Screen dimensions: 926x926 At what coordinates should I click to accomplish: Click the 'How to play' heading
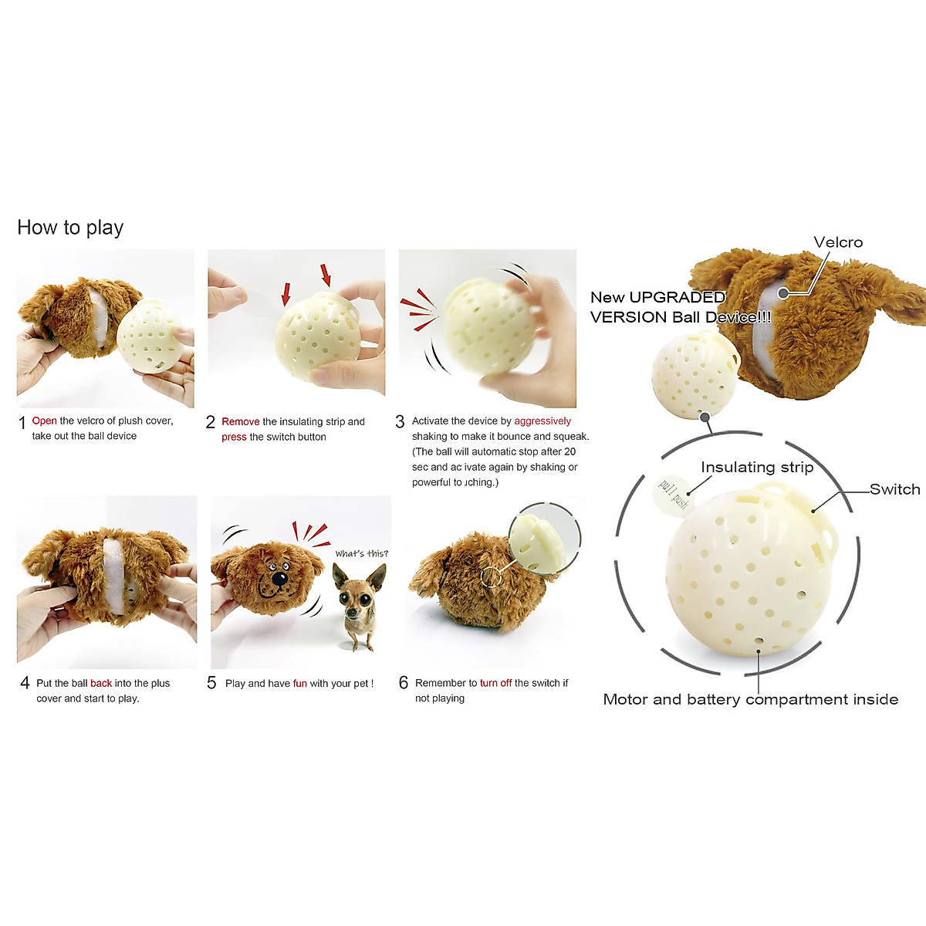[70, 228]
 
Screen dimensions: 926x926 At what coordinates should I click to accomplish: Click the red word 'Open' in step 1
[44, 421]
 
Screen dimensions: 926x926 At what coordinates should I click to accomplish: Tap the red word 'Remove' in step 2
[240, 421]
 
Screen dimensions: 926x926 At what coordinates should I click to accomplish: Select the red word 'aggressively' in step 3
[542, 421]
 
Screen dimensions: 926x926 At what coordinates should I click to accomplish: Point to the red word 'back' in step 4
[101, 683]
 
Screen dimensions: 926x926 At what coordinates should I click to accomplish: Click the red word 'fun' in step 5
[299, 683]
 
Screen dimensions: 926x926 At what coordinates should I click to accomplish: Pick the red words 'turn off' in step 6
[495, 683]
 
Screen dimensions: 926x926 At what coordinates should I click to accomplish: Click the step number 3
[400, 422]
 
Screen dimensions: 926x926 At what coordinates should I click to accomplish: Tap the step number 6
[403, 683]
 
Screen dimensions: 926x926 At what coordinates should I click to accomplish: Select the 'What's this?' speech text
[361, 553]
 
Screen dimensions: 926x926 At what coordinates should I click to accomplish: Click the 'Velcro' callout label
[838, 242]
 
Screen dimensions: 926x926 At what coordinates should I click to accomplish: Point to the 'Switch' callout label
[894, 489]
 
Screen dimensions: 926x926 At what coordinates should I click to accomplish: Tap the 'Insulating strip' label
[757, 467]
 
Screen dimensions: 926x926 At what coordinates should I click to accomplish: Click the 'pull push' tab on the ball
[672, 494]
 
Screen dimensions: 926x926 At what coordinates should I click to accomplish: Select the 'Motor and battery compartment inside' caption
[750, 699]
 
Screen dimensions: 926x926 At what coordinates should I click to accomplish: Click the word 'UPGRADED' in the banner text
[677, 297]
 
